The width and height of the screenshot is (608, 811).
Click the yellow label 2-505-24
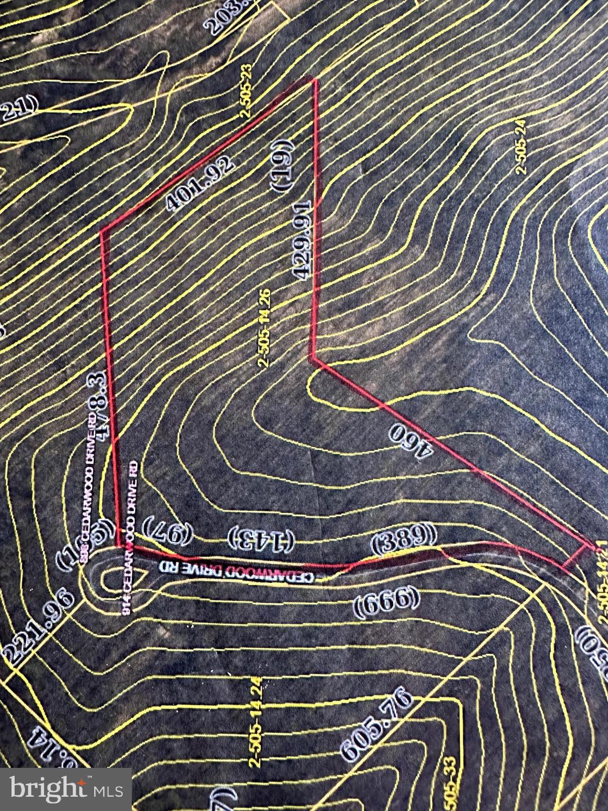click(521, 146)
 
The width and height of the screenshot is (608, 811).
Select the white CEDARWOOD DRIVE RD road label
click(237, 571)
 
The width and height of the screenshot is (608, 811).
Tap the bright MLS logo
click(66, 789)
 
